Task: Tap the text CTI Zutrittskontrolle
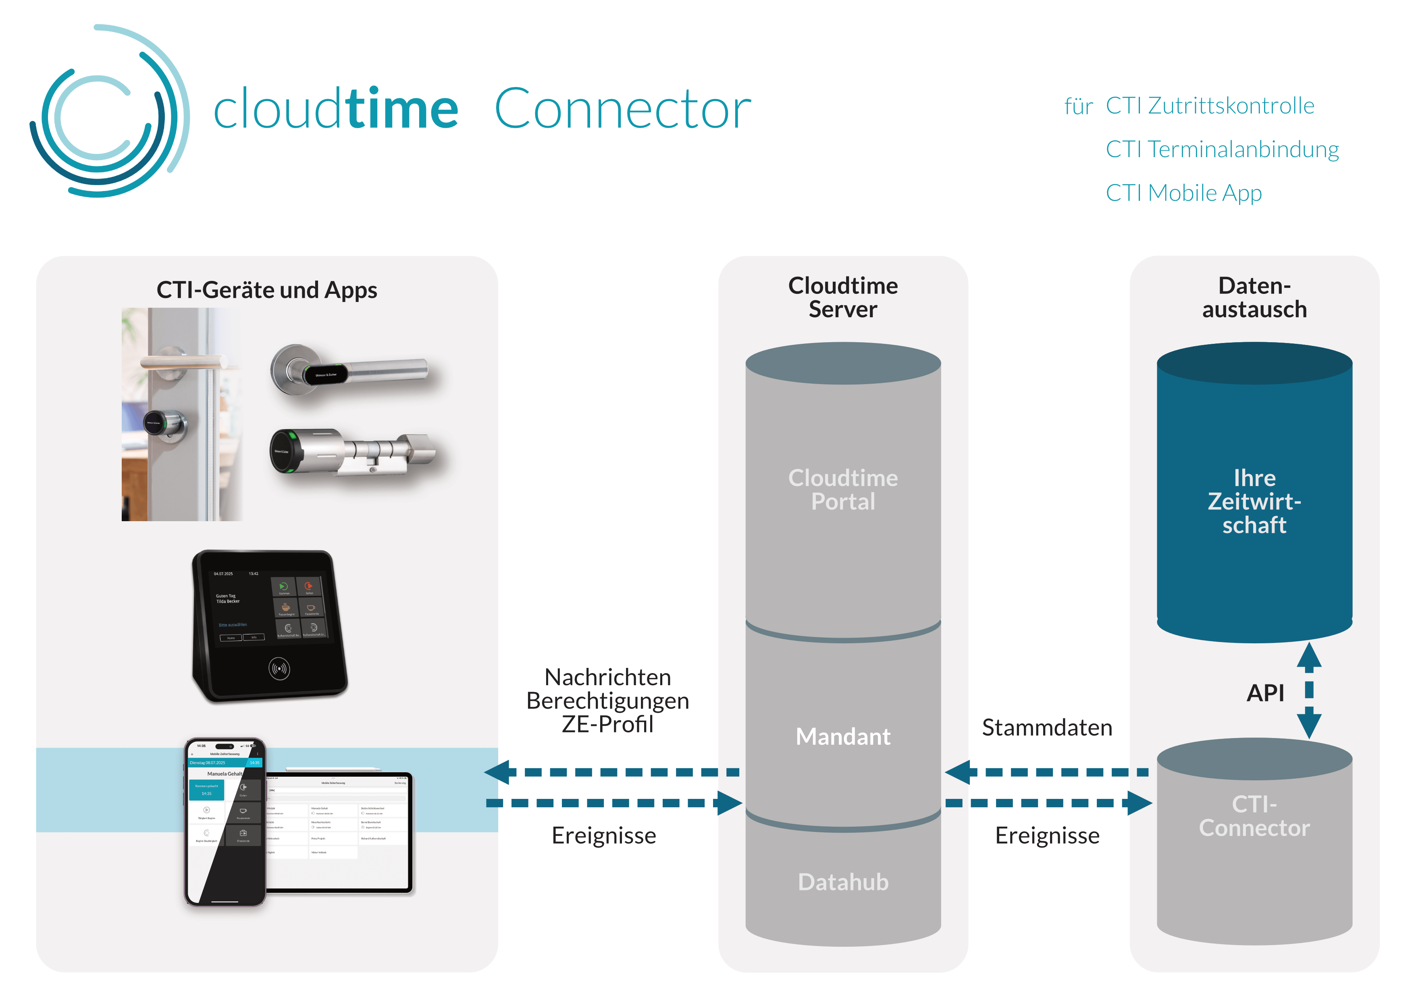pyautogui.click(x=1210, y=106)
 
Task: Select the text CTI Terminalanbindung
pyautogui.click(x=1222, y=150)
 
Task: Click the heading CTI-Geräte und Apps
pyautogui.click(x=267, y=290)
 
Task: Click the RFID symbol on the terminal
pyautogui.click(x=279, y=669)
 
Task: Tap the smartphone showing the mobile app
pyautogui.click(x=225, y=822)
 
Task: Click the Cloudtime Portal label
pyautogui.click(x=842, y=490)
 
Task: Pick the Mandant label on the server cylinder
pyautogui.click(x=842, y=736)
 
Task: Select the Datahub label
pyautogui.click(x=842, y=882)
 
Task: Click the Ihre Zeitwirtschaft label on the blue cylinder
pyautogui.click(x=1254, y=501)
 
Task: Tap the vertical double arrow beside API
pyautogui.click(x=1309, y=690)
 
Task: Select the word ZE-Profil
pyautogui.click(x=607, y=725)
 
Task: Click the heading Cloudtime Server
pyautogui.click(x=842, y=297)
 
